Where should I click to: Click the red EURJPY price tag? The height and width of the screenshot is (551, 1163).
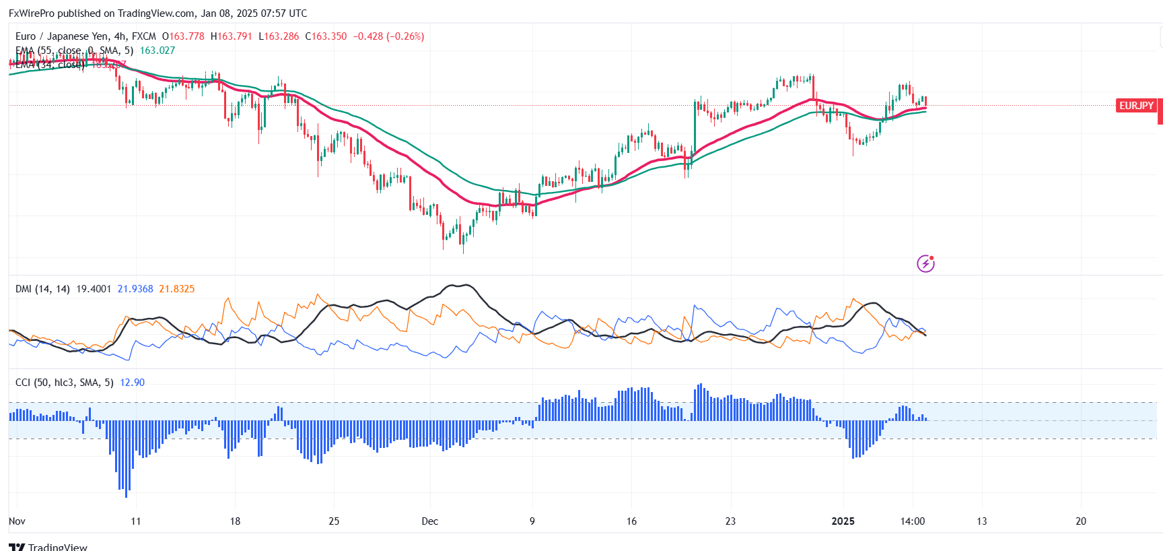tap(1136, 106)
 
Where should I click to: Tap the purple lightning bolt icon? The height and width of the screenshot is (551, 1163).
tap(926, 263)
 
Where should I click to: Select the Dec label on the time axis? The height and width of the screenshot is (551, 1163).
tap(429, 521)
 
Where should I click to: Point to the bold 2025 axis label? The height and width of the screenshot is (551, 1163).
tap(843, 521)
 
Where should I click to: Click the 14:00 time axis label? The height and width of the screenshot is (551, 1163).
tap(913, 521)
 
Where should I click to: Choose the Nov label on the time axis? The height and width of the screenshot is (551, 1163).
tap(17, 521)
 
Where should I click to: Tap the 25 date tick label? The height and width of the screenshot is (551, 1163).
tap(334, 521)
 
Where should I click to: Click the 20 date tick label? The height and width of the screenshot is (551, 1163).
tap(1081, 521)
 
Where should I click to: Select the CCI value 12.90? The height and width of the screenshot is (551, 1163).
tap(132, 383)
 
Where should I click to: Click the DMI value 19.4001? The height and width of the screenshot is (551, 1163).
tap(94, 289)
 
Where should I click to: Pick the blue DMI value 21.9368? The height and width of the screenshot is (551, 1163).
tap(135, 289)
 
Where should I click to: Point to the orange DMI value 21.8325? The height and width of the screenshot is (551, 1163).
tap(177, 289)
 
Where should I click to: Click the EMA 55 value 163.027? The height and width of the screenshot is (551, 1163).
tap(157, 51)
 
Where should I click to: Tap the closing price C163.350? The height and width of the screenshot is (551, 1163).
tap(326, 36)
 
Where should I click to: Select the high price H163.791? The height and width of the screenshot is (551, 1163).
tap(231, 36)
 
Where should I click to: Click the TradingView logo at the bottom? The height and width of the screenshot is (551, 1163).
tap(48, 546)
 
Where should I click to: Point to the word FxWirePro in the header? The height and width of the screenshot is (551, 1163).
tap(31, 13)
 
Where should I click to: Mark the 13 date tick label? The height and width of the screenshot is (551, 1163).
tap(982, 521)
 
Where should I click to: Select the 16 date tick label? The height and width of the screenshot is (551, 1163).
tap(631, 521)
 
